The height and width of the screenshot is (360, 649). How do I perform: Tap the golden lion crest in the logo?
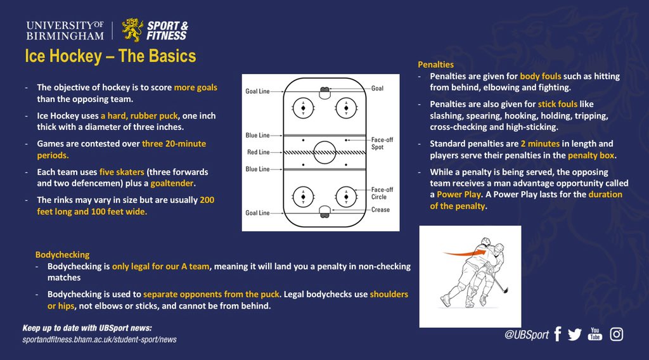pyautogui.click(x=132, y=30)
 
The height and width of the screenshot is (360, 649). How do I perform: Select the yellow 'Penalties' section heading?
pyautogui.click(x=435, y=65)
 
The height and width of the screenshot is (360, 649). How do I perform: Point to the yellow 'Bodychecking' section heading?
pyautogui.click(x=62, y=254)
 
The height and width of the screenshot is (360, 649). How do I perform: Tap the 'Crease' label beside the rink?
pyautogui.click(x=380, y=210)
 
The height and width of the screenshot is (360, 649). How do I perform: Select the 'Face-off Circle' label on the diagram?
pyautogui.click(x=382, y=193)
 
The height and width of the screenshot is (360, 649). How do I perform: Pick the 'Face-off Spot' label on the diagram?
pyautogui.click(x=382, y=143)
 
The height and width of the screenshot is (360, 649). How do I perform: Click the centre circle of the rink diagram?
pyautogui.click(x=324, y=151)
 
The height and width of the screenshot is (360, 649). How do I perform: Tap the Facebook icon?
pyautogui.click(x=558, y=334)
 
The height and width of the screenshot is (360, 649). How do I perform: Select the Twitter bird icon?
pyautogui.click(x=575, y=335)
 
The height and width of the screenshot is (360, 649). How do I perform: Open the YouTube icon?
pyautogui.click(x=595, y=334)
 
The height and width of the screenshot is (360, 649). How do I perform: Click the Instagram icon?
pyautogui.click(x=617, y=334)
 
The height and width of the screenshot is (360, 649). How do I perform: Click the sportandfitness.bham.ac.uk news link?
pyautogui.click(x=100, y=340)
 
